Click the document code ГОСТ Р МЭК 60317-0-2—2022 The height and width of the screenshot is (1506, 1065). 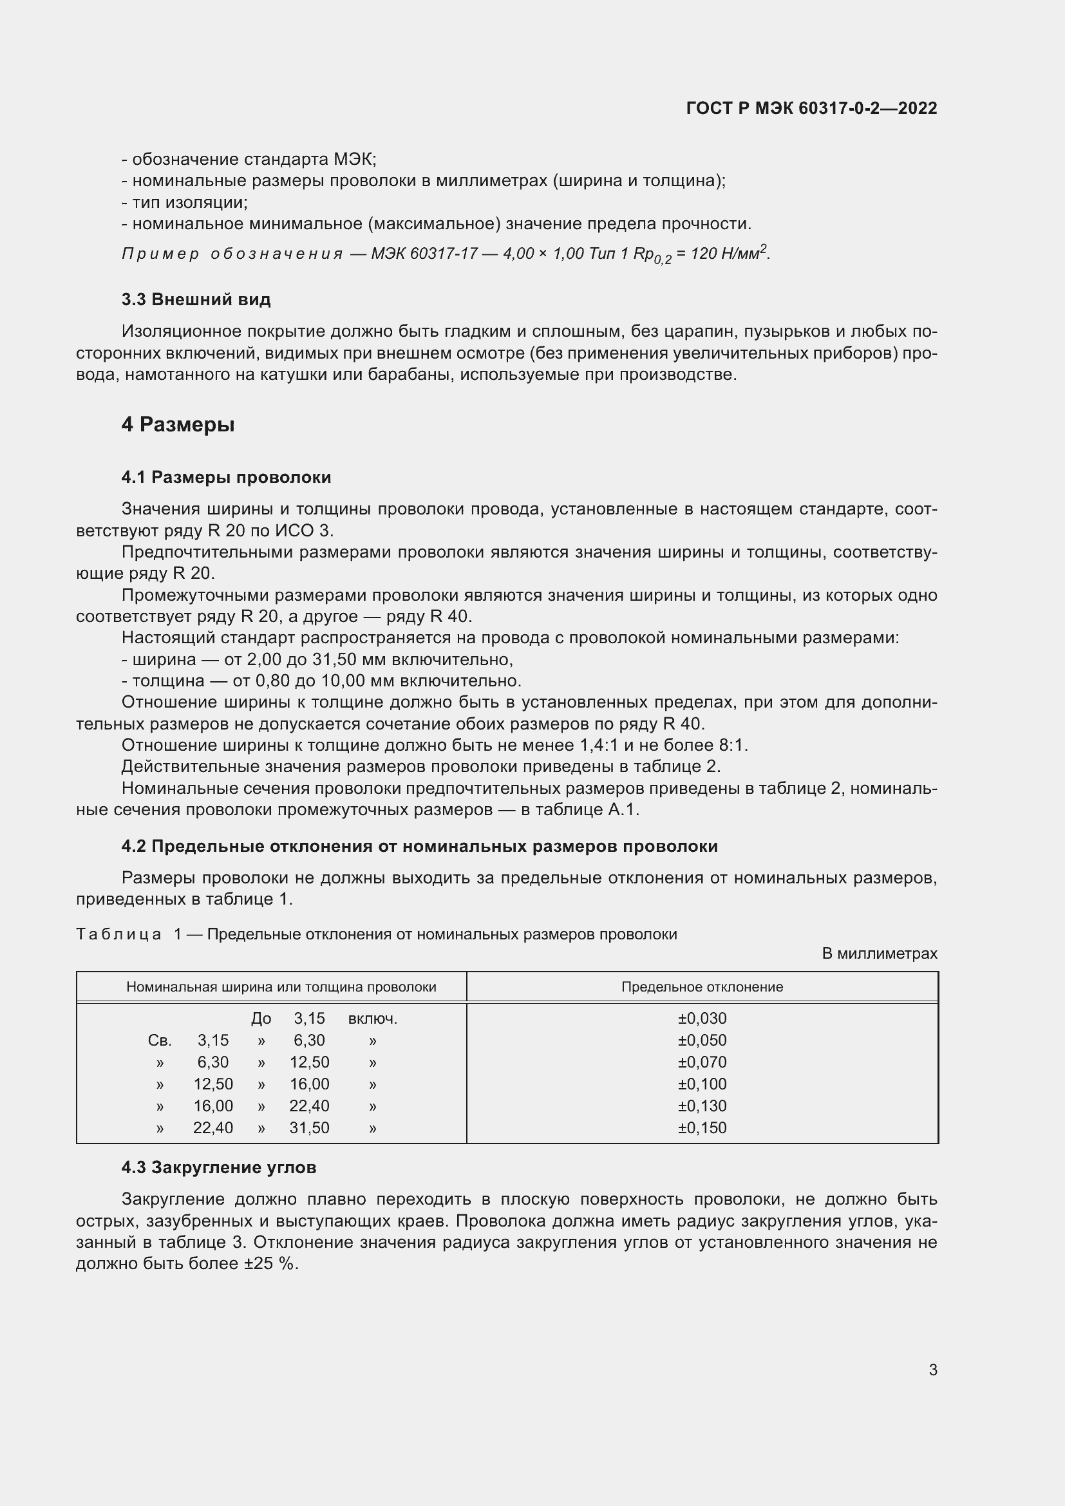click(811, 108)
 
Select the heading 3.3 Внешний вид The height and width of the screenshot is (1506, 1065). click(196, 300)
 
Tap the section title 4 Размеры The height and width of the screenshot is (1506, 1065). click(178, 424)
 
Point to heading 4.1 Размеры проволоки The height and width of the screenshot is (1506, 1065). click(225, 477)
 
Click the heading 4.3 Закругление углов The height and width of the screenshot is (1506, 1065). click(218, 1167)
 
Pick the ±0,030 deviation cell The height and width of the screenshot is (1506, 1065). click(702, 1019)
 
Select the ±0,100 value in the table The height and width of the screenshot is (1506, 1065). click(702, 1084)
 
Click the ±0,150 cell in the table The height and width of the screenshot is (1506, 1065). click(702, 1127)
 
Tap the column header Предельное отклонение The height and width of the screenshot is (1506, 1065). click(702, 986)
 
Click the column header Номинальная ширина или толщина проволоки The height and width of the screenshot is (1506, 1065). click(281, 986)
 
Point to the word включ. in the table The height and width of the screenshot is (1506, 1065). click(372, 1019)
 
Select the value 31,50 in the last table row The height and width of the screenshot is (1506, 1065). click(309, 1127)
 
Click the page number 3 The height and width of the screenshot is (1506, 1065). click(932, 1370)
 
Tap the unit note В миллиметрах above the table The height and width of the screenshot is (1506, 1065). click(879, 953)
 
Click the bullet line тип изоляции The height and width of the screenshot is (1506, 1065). click(184, 202)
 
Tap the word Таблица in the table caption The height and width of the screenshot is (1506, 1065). click(118, 934)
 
